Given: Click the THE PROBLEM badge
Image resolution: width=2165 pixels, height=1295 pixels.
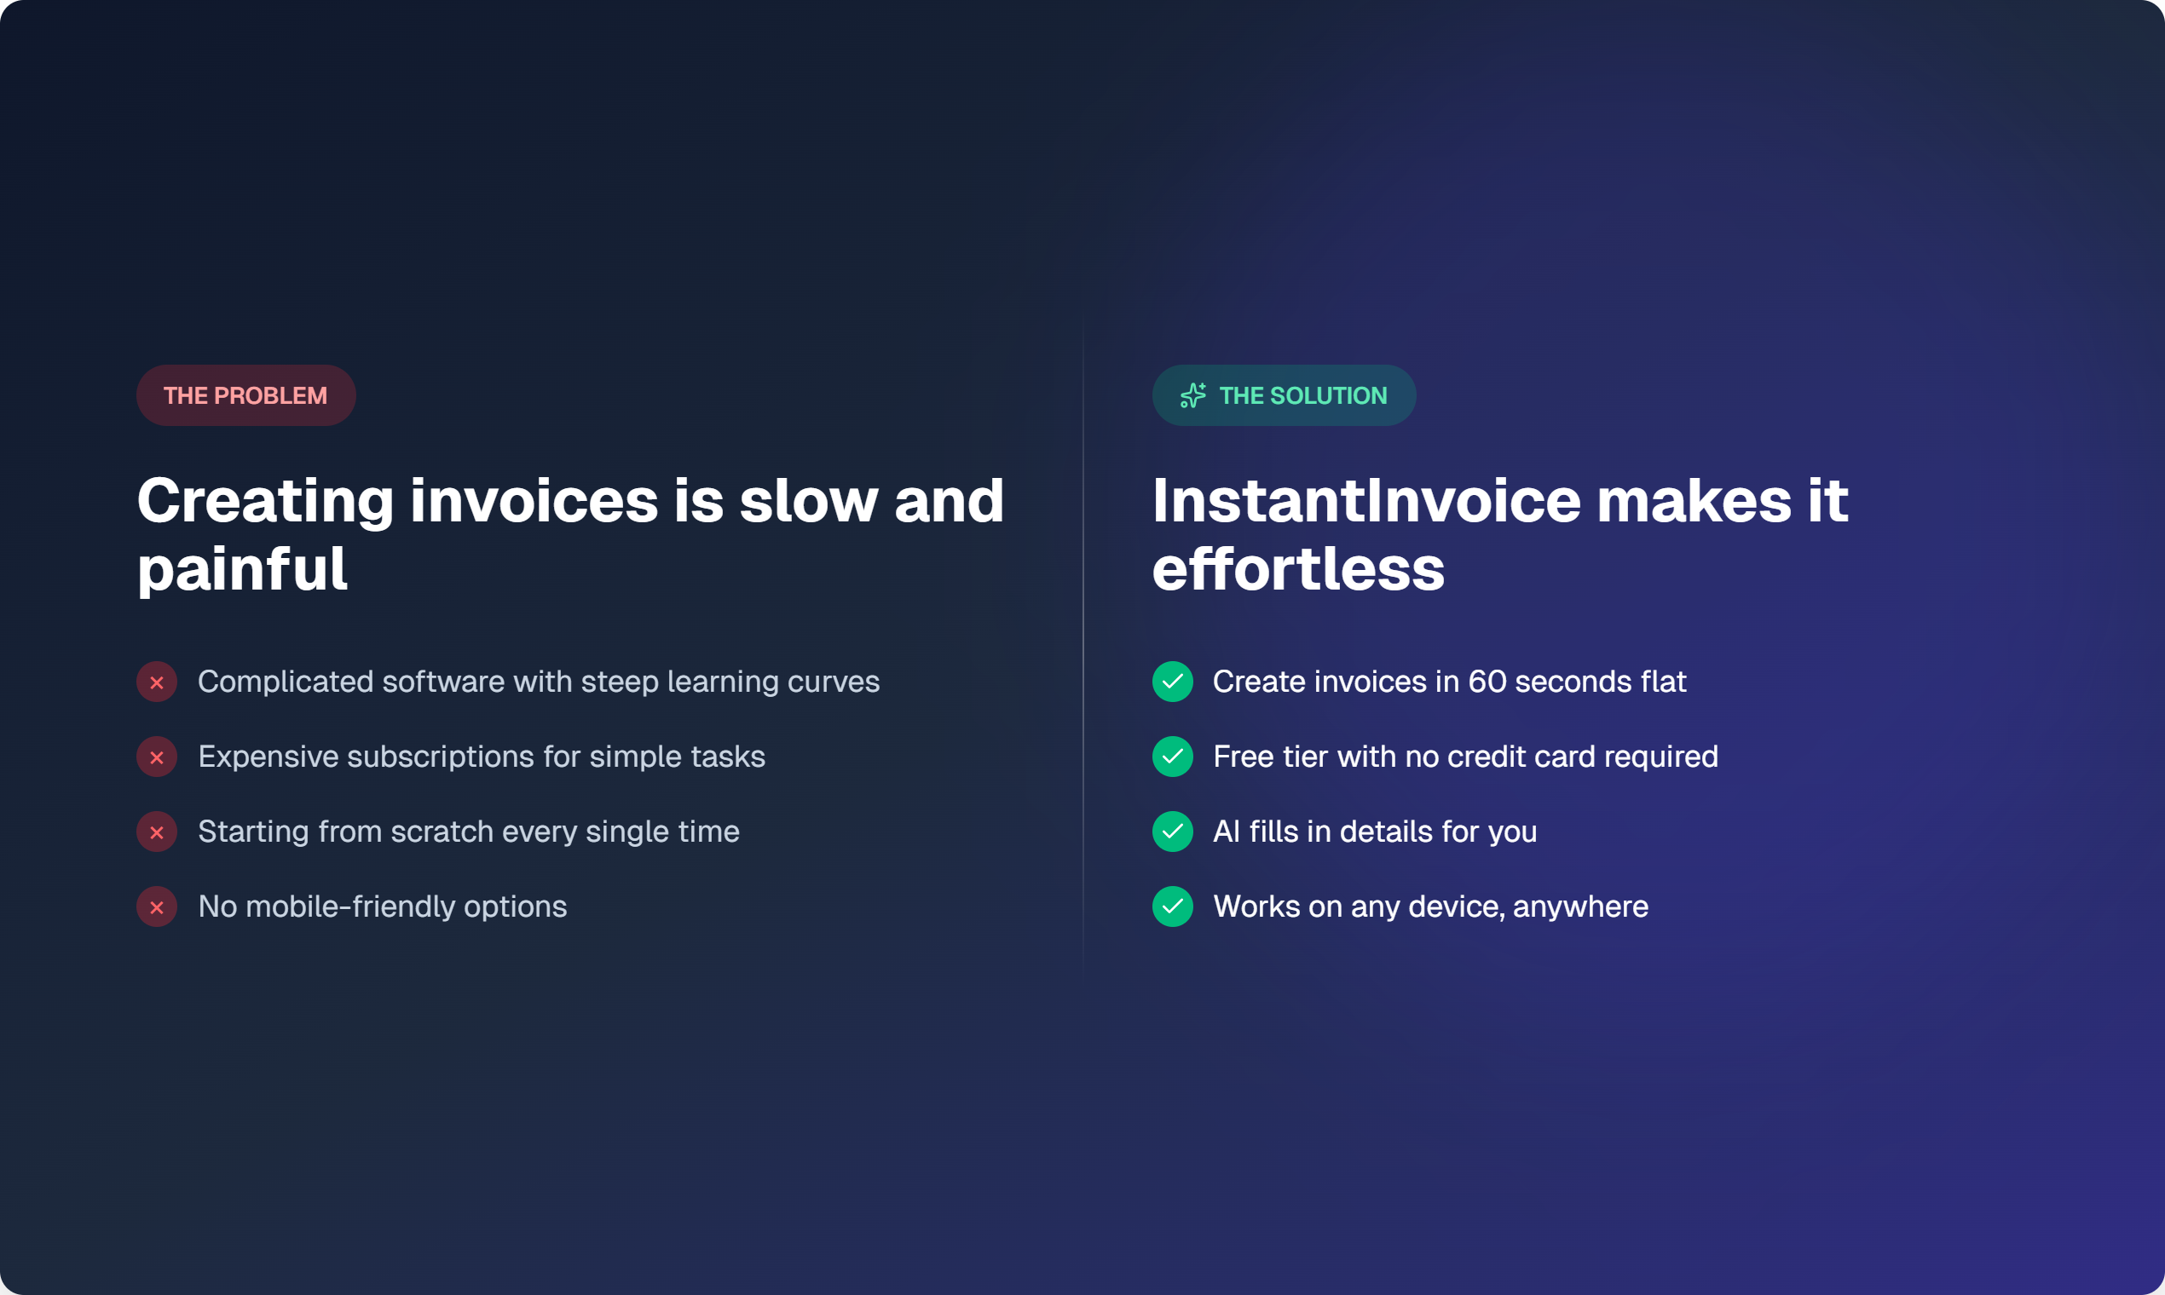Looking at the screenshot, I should pos(245,395).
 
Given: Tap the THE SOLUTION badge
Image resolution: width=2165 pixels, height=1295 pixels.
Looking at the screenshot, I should pos(1284,395).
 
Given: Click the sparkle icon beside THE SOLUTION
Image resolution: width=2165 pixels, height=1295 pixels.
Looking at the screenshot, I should pos(1192,395).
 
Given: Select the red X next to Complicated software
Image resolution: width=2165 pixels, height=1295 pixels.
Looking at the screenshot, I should pos(157,682).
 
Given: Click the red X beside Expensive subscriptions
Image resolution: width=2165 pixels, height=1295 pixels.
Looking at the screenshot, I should pos(157,757).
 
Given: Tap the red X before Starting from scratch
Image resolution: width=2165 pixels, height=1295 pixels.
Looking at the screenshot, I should pos(157,832).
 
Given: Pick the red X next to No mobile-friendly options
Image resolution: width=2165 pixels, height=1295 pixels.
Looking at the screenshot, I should pos(157,906).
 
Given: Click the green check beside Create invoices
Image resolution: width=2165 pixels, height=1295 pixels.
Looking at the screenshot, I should pos(1172,682).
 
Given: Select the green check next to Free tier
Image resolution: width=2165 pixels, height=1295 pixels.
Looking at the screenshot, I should pos(1172,757).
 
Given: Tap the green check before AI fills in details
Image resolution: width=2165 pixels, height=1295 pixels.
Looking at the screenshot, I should pos(1172,832).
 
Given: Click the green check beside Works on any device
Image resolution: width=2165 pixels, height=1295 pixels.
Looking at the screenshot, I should pos(1172,906).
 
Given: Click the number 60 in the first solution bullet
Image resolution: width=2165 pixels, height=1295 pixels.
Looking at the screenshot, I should pos(1487,682).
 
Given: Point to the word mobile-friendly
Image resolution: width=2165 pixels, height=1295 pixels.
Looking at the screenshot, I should pos(350,906).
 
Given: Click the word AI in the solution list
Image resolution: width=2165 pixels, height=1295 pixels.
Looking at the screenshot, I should pos(1226,832).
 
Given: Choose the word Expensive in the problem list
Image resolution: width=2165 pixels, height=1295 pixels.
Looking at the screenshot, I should pos(268,757).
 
